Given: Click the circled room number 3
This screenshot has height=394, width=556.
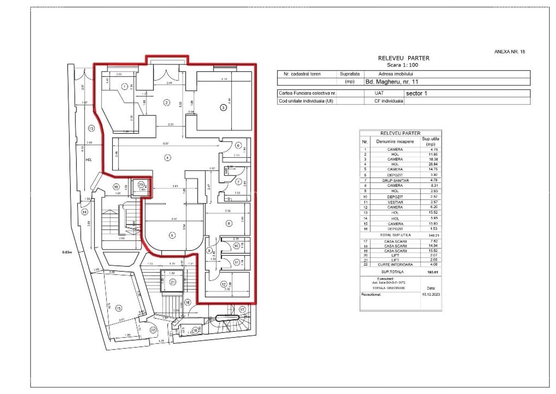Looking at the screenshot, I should click(223, 108).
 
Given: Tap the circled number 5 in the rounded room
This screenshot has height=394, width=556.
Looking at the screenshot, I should click(172, 236).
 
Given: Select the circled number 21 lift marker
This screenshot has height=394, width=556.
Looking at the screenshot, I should click(172, 282).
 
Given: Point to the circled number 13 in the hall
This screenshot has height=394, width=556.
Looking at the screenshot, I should click(91, 128).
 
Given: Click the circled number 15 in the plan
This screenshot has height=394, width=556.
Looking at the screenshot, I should click(119, 308).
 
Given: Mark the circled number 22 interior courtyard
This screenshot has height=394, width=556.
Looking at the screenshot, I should click(153, 329).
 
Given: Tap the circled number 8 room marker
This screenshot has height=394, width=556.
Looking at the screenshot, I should click(228, 223).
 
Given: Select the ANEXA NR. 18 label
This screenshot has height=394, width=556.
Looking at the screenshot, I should click(510, 52).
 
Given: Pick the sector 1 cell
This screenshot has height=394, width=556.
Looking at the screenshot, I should click(417, 93).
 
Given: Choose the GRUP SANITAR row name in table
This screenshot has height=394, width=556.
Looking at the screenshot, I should click(389, 180).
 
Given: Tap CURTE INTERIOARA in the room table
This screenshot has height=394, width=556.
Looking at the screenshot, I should click(389, 265).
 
